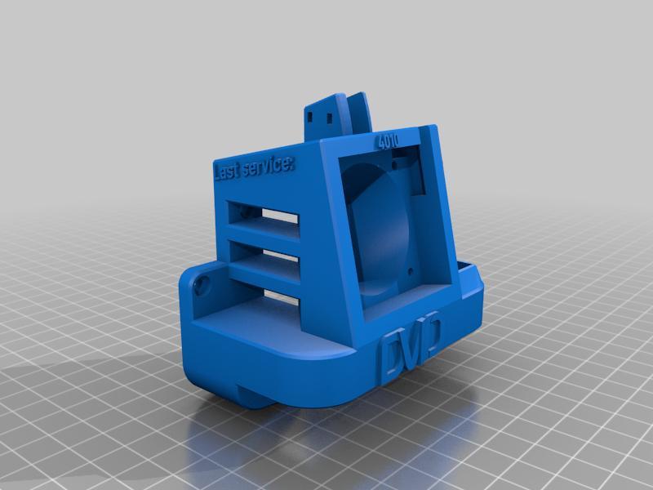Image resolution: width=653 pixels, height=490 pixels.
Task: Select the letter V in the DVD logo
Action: pos(412,343)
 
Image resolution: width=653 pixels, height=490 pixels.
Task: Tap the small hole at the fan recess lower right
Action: pos(408,267)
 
